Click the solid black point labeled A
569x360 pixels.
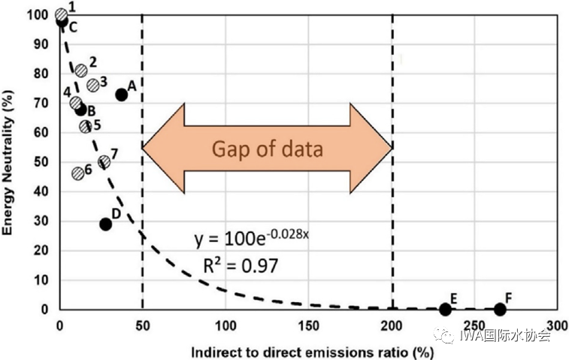pos(122,95)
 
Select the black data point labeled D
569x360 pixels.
pos(105,224)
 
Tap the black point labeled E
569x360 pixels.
pos(445,309)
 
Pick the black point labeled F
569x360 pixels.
pos(500,309)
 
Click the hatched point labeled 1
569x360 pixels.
pos(62,14)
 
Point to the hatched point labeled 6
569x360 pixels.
pos(77,173)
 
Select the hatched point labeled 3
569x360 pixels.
pos(93,85)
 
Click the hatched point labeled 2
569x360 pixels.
pos(81,70)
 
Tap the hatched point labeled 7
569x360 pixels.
pos(104,162)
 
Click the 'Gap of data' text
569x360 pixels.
pos(267,148)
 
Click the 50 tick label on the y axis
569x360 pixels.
pos(44,162)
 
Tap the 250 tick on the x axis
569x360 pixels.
pos(475,325)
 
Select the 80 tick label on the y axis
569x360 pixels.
pos(44,74)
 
